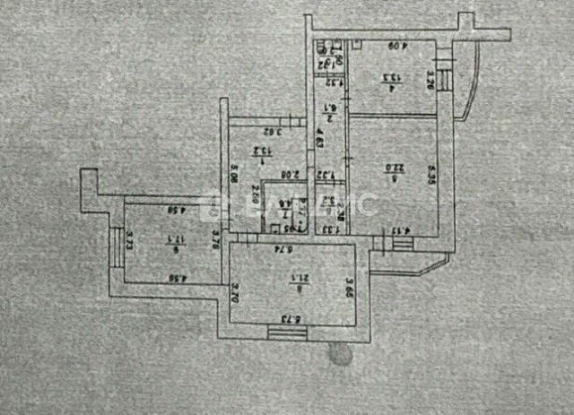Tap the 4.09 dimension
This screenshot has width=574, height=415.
tap(393, 46)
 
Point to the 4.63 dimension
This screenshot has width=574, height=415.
tap(320, 141)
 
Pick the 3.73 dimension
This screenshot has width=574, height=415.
tap(130, 239)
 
